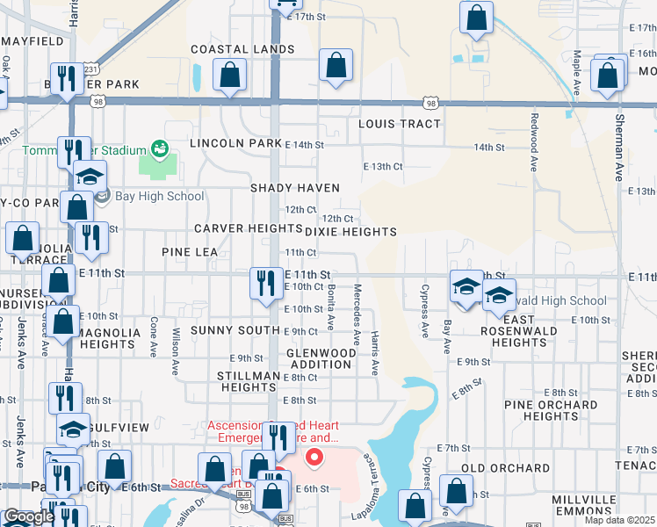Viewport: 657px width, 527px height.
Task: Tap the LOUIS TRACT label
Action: pyautogui.click(x=399, y=124)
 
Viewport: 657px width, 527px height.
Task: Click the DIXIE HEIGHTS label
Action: pyautogui.click(x=350, y=232)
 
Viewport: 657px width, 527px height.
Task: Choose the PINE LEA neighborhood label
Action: pyautogui.click(x=190, y=252)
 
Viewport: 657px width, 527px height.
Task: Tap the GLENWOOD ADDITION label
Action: pyautogui.click(x=321, y=358)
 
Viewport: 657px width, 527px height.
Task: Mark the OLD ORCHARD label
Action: pyautogui.click(x=505, y=468)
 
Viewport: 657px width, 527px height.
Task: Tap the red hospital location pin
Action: pyautogui.click(x=313, y=458)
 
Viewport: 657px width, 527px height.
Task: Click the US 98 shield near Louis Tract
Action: pyautogui.click(x=430, y=104)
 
